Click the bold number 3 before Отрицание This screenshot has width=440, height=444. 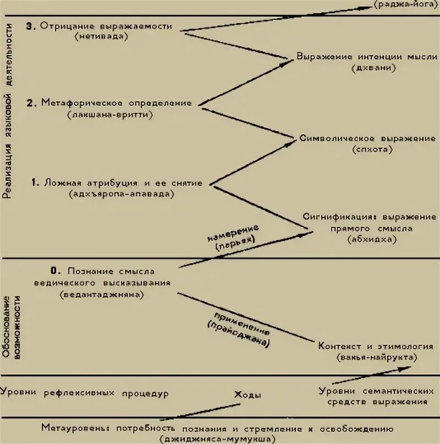[x=30, y=26]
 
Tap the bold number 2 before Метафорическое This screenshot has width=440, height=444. [x=31, y=103]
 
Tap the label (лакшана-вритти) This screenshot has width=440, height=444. [x=111, y=115]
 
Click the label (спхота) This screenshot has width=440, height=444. [x=367, y=149]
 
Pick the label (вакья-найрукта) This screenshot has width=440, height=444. [x=376, y=358]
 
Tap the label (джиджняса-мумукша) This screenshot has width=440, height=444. [x=217, y=439]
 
